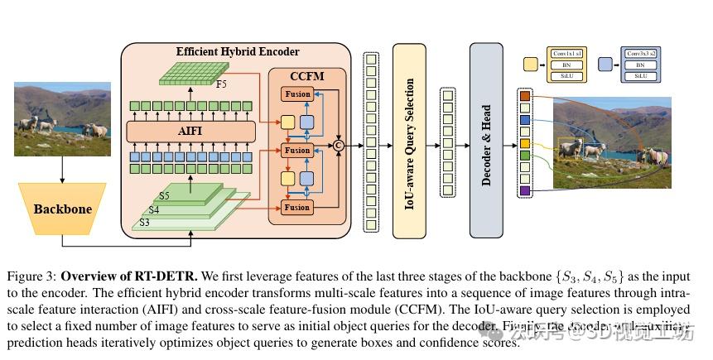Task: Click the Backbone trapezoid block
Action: coord(62,209)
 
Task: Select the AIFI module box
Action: coord(189,131)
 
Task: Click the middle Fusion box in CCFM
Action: coord(296,151)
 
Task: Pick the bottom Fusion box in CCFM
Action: coord(296,206)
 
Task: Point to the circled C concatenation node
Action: coord(338,146)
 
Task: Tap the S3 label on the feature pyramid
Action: coord(145,223)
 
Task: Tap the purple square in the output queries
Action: coord(525,191)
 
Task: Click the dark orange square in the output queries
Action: coord(525,96)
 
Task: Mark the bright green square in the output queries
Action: coord(525,156)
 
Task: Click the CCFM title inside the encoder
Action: coord(306,75)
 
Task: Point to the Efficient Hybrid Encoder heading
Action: coord(238,51)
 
